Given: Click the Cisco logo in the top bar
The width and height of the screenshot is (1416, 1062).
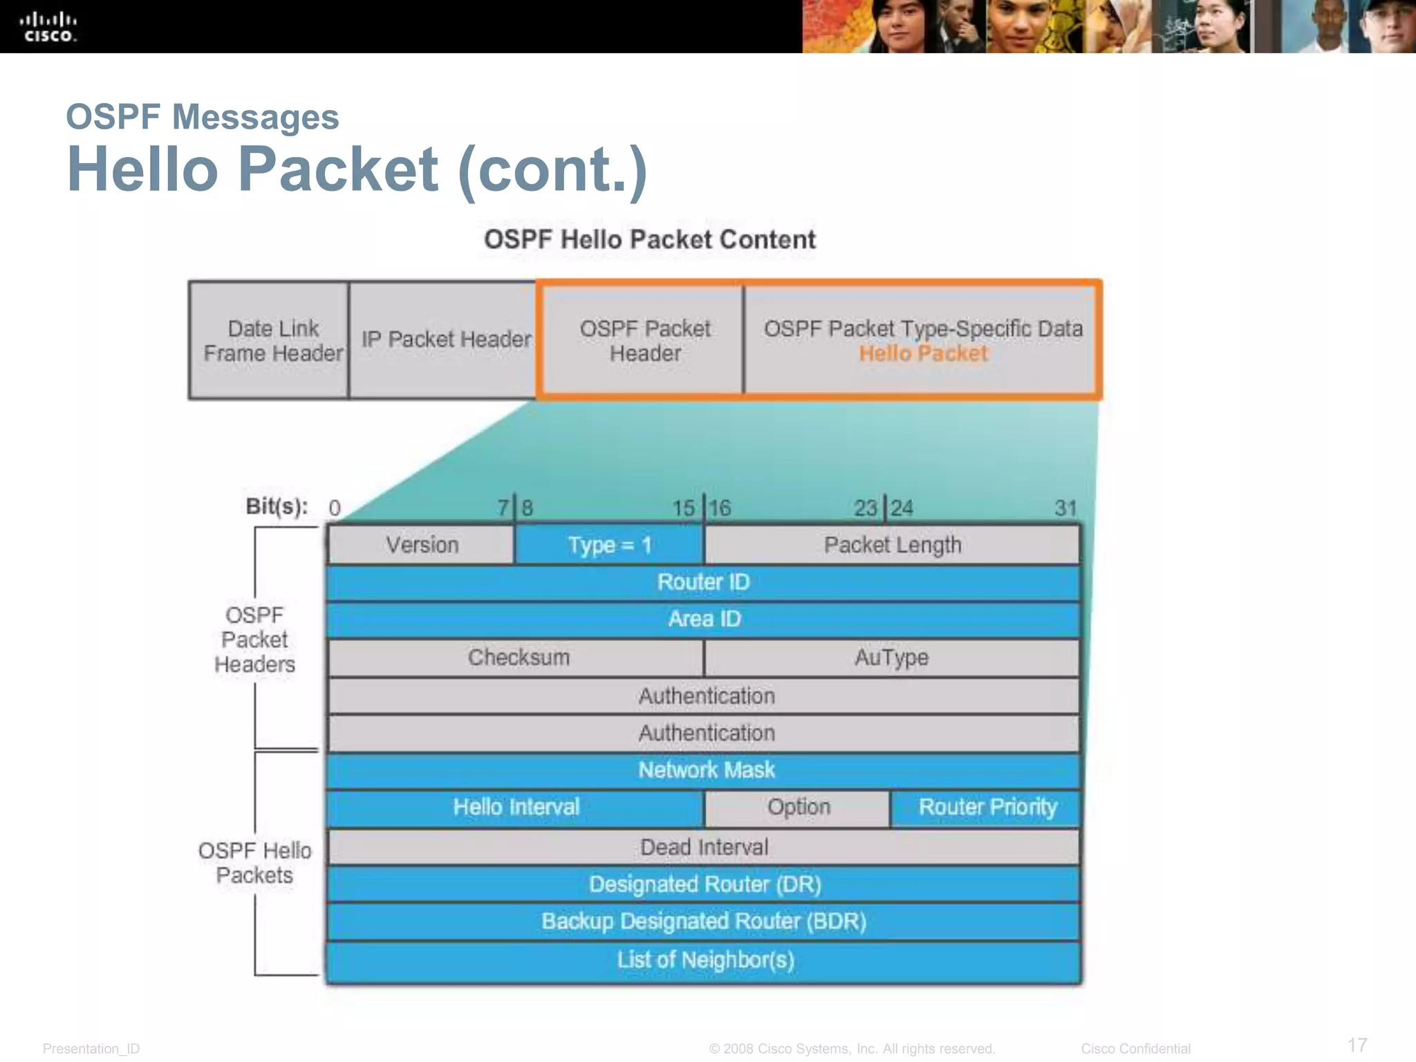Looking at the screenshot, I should coord(48,26).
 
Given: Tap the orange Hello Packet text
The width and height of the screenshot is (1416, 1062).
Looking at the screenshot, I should coord(923,353).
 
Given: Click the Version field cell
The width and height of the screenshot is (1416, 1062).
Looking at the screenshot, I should coord(422,545).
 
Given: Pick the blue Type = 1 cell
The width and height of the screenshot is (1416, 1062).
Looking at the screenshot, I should coord(609,545).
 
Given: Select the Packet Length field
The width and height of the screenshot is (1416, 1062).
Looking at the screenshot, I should coord(892,545).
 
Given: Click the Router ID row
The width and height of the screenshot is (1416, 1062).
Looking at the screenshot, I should coord(703,582).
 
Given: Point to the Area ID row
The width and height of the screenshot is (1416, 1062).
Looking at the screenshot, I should coord(703,619).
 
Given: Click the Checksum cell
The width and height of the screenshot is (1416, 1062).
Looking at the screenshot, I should coord(518,657).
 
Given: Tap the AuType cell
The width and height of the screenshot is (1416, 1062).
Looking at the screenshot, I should coord(891,657).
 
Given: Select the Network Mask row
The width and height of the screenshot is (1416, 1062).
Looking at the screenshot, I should coord(705,770).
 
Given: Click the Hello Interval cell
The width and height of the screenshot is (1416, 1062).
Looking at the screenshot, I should coord(516,807).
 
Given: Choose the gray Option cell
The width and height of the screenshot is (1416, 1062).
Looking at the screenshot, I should coord(798,807).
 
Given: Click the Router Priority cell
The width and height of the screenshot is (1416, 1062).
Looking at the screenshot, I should coord(987,807).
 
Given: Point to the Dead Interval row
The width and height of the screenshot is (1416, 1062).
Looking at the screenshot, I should coord(704,847).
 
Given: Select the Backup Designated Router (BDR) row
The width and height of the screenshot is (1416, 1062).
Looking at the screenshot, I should coord(704,921).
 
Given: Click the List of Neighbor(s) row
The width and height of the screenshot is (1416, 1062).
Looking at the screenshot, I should coord(705,960).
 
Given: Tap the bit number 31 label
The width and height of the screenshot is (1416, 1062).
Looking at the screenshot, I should coord(1065,508).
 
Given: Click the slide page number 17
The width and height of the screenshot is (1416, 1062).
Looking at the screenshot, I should coord(1357,1045).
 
